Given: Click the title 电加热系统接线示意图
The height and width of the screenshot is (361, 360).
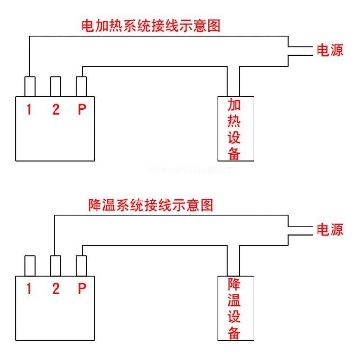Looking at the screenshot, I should click(150, 26).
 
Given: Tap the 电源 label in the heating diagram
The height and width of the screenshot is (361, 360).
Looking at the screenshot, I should click(330, 51).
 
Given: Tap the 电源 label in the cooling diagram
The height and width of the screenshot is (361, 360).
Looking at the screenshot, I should click(330, 229).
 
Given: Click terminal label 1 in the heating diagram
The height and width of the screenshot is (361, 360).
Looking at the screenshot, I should click(29, 110).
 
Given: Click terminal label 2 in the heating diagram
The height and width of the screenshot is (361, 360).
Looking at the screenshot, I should click(56, 110).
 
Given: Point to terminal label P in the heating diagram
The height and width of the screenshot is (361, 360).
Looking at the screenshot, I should click(82, 110).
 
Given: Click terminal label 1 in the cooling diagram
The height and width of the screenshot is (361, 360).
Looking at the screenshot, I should click(29, 289).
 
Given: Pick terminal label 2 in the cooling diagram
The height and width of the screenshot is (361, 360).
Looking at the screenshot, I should click(56, 289).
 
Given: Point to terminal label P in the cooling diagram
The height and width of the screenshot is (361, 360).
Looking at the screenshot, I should click(82, 289).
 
